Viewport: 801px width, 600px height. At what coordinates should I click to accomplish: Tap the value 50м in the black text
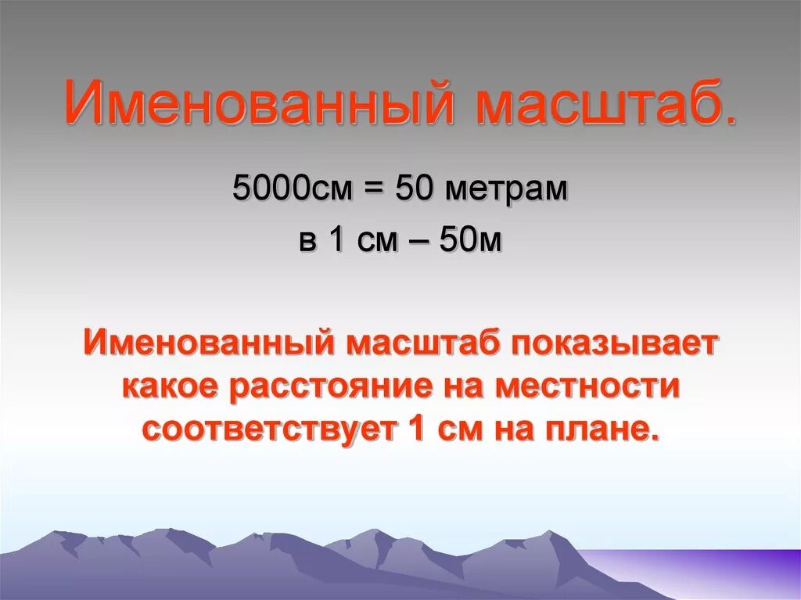(469, 239)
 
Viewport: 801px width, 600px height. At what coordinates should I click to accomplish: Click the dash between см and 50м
(417, 239)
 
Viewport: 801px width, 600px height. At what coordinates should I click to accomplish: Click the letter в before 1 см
(307, 239)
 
